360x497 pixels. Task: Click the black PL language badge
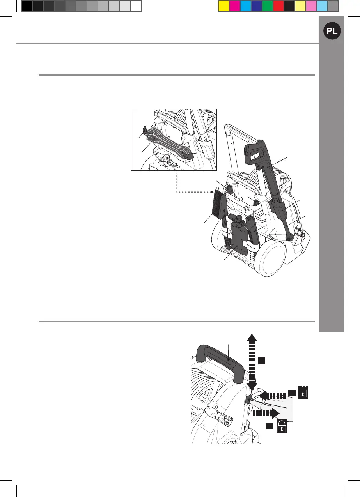[x=332, y=32]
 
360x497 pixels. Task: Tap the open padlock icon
[x=303, y=391]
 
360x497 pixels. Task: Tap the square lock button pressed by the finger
[x=248, y=399]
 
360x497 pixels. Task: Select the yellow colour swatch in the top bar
[x=223, y=6]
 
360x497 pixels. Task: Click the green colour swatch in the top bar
[x=267, y=6]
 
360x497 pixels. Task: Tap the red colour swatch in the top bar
[x=278, y=6]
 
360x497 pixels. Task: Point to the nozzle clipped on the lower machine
[x=252, y=230]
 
